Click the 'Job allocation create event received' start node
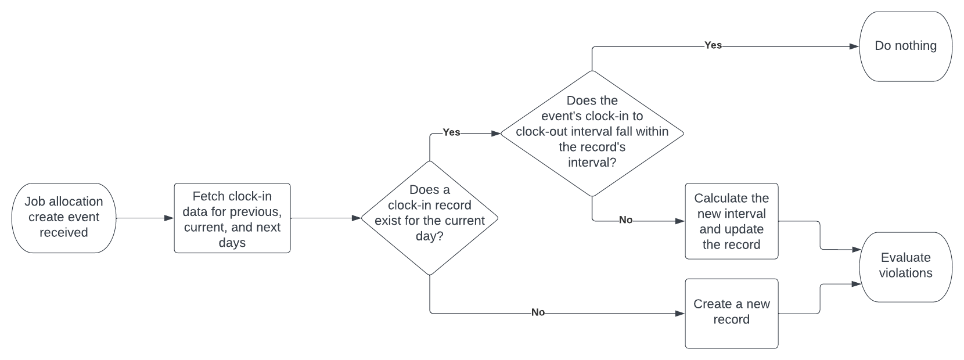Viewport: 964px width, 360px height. point(64,218)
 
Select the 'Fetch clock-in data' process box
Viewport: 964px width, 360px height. point(232,218)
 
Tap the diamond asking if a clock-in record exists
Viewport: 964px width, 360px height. point(430,218)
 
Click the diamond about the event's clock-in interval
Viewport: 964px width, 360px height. point(592,133)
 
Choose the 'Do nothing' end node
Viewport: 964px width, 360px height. point(905,46)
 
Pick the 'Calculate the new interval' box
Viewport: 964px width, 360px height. point(731,221)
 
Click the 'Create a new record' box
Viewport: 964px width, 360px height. point(731,313)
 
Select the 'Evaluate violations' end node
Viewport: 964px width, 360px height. point(905,267)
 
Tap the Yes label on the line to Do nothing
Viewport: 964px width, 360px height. point(713,45)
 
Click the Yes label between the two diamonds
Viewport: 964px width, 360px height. point(451,132)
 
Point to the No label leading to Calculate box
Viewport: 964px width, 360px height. point(625,220)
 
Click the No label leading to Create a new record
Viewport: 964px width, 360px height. point(538,312)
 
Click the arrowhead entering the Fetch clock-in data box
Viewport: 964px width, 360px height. point(170,218)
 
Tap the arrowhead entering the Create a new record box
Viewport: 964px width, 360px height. point(681,314)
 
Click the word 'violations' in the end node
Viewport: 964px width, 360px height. point(905,273)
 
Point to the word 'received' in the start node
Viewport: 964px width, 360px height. point(64,233)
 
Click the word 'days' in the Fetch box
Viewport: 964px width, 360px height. point(232,243)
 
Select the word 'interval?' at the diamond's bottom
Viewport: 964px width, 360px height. point(592,163)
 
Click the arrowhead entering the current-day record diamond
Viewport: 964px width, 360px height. point(356,218)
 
